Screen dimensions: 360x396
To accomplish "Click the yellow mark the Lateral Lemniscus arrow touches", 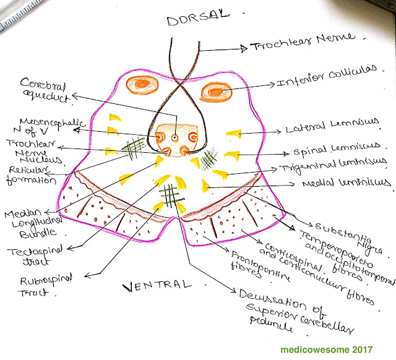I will point(233,132).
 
